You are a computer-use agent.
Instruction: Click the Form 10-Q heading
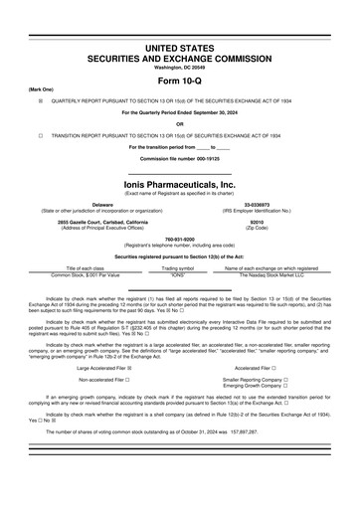coord(179,81)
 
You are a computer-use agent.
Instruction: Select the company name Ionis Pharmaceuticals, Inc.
coord(179,184)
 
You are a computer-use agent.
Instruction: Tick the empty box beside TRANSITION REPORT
coord(40,134)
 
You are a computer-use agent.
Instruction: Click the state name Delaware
coord(102,204)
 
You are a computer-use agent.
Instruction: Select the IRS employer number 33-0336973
coord(258,204)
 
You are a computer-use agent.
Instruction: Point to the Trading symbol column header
coord(179,268)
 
